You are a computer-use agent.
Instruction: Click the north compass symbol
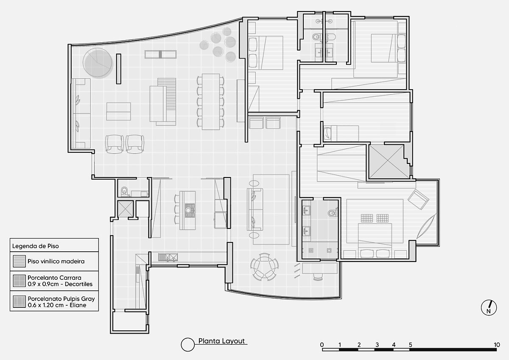489,308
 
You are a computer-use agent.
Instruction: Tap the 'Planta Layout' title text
221,341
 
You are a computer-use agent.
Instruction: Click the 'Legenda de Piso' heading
36,246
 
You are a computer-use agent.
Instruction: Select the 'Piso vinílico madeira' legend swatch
19,261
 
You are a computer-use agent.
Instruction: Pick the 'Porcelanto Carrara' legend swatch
19,281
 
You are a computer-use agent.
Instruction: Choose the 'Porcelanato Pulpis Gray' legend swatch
19,301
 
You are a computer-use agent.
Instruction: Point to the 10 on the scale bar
497,345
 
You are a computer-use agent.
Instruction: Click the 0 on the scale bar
322,345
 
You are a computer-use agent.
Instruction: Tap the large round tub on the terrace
98,63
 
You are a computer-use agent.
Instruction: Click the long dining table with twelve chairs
211,101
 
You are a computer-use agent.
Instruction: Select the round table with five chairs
264,267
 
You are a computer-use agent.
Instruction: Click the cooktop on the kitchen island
190,211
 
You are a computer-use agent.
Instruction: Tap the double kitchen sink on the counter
168,257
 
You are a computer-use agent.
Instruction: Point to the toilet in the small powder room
124,191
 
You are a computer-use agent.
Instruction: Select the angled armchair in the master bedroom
418,199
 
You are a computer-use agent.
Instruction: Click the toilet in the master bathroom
333,213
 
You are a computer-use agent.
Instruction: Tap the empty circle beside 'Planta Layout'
187,345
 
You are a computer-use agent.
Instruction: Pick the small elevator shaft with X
125,209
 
